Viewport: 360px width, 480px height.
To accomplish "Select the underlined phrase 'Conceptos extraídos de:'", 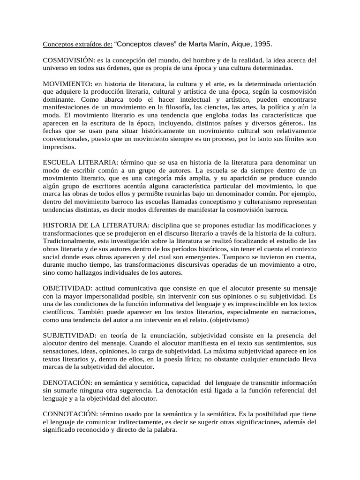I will pyautogui.click(x=78, y=44).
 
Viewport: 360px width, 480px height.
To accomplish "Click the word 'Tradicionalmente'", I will pyautogui.click(x=70, y=241).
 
